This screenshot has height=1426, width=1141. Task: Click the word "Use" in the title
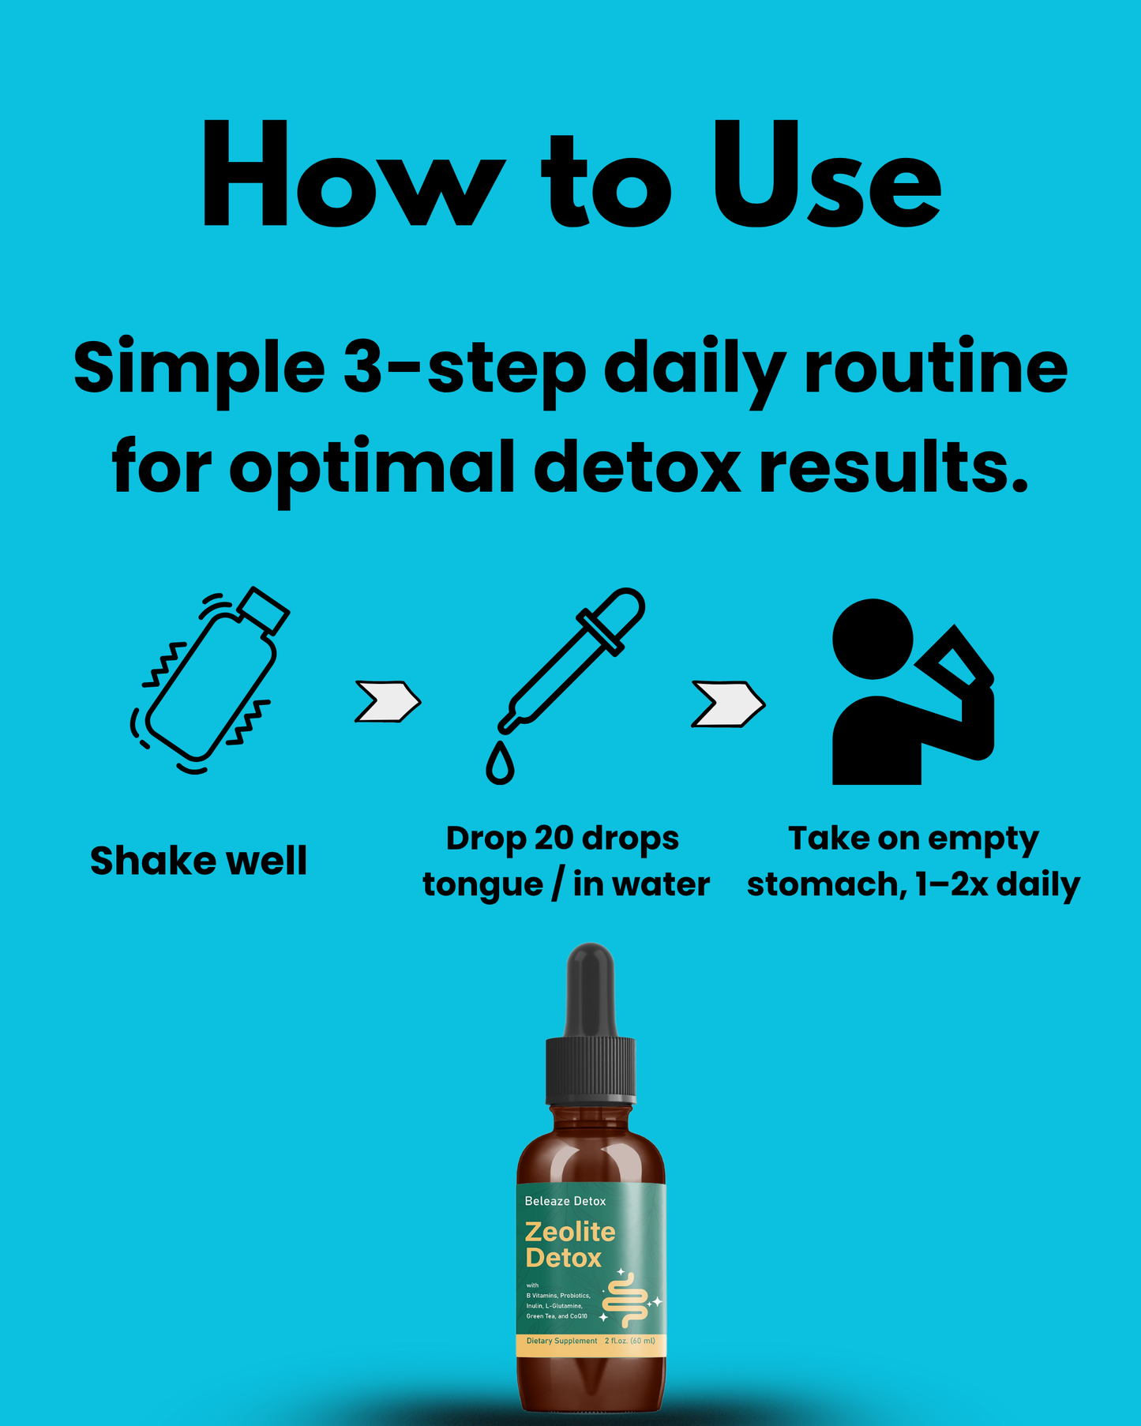(826, 177)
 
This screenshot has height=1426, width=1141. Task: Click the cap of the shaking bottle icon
(264, 610)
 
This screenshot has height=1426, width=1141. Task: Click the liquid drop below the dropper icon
(500, 764)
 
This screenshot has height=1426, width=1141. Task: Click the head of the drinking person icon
(873, 639)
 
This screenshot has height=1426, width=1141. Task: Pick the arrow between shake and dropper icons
(387, 701)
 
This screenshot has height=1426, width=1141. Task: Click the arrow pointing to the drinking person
(727, 704)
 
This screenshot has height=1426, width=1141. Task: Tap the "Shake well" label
(198, 861)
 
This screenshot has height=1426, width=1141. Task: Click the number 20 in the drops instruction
(555, 839)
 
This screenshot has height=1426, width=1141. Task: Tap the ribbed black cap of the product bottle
(591, 1071)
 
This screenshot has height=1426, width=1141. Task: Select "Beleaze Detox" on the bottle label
(565, 1201)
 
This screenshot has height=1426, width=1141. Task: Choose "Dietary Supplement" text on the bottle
(561, 1341)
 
